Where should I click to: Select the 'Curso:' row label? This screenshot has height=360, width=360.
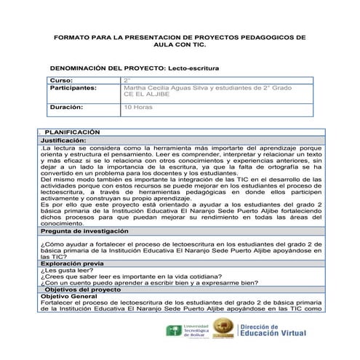(x=61, y=80)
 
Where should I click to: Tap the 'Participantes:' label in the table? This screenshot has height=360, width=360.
(x=73, y=87)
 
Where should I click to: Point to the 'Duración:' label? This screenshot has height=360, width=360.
(x=66, y=107)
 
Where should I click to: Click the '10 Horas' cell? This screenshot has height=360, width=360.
(x=138, y=107)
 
